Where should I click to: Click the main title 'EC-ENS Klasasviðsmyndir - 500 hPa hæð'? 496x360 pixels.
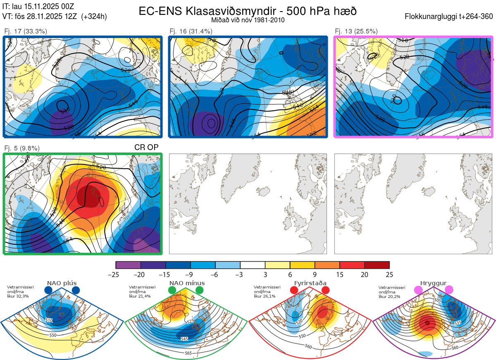click(x=248, y=11)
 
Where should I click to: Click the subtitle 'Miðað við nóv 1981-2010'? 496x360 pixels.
click(x=248, y=20)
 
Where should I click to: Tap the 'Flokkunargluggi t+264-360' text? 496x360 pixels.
click(x=450, y=17)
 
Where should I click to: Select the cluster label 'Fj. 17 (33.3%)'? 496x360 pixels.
click(x=26, y=31)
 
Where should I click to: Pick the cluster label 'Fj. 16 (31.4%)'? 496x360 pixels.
click(x=191, y=31)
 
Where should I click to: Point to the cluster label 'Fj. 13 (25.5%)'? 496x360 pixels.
click(x=356, y=31)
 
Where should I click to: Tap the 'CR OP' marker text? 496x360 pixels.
click(x=146, y=147)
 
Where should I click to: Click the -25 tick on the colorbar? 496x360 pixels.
click(x=116, y=274)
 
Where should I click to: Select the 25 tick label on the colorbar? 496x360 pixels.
click(x=389, y=274)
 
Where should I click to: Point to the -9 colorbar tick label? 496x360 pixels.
click(x=191, y=274)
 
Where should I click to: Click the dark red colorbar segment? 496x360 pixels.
click(x=377, y=265)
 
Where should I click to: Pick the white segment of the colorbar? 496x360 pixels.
click(x=253, y=265)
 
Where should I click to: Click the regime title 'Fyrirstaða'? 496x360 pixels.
click(x=309, y=283)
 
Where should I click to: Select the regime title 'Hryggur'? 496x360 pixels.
click(x=434, y=283)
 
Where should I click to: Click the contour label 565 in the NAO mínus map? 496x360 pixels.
click(x=188, y=353)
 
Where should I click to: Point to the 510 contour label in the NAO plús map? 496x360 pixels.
click(x=49, y=320)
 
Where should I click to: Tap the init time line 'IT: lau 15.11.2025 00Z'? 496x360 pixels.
click(x=38, y=7)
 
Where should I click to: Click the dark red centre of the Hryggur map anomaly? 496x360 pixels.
click(x=427, y=323)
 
